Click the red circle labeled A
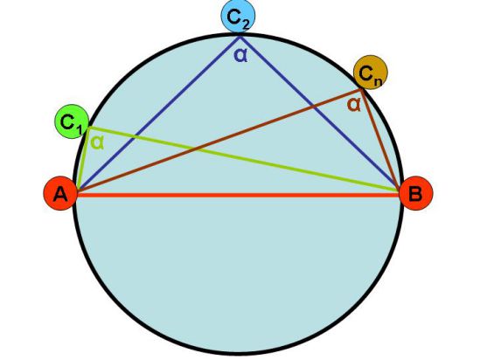pos(60,193)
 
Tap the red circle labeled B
pos(415,193)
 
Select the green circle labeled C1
pos(72,121)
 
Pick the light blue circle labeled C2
pos(238,16)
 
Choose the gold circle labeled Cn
pos(371,73)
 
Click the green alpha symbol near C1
pos(98,142)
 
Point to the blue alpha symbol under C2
pos(240,55)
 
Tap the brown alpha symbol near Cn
pos(354,105)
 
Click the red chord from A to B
pos(238,195)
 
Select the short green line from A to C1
pos(84,158)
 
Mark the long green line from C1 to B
pos(244,159)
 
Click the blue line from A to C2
pos(159,114)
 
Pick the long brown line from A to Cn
pos(219,141)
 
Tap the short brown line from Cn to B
pos(380,139)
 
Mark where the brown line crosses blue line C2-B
pos(313,107)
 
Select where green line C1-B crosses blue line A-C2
pos(134,136)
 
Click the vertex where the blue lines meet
pos(240,37)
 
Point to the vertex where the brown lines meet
pos(361,89)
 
